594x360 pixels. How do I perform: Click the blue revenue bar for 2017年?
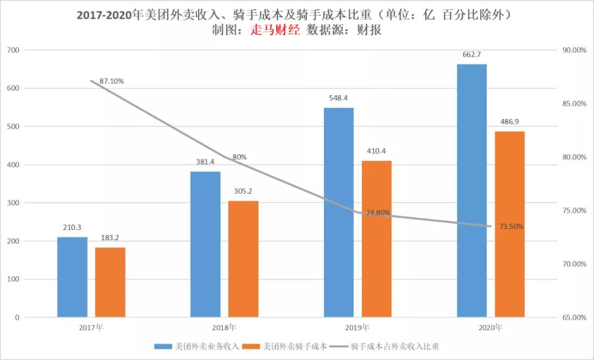click(72, 277)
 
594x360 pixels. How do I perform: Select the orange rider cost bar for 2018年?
click(243, 259)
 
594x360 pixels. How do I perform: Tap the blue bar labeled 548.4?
click(338, 212)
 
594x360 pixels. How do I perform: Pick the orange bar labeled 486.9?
click(509, 224)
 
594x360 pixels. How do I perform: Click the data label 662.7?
click(472, 54)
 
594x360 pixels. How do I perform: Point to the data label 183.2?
click(110, 238)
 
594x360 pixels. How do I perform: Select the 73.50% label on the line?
click(512, 226)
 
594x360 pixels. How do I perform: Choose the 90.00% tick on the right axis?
click(574, 50)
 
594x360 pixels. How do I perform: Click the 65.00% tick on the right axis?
click(574, 318)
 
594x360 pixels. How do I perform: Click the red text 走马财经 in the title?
click(275, 31)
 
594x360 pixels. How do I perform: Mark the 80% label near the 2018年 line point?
click(239, 157)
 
